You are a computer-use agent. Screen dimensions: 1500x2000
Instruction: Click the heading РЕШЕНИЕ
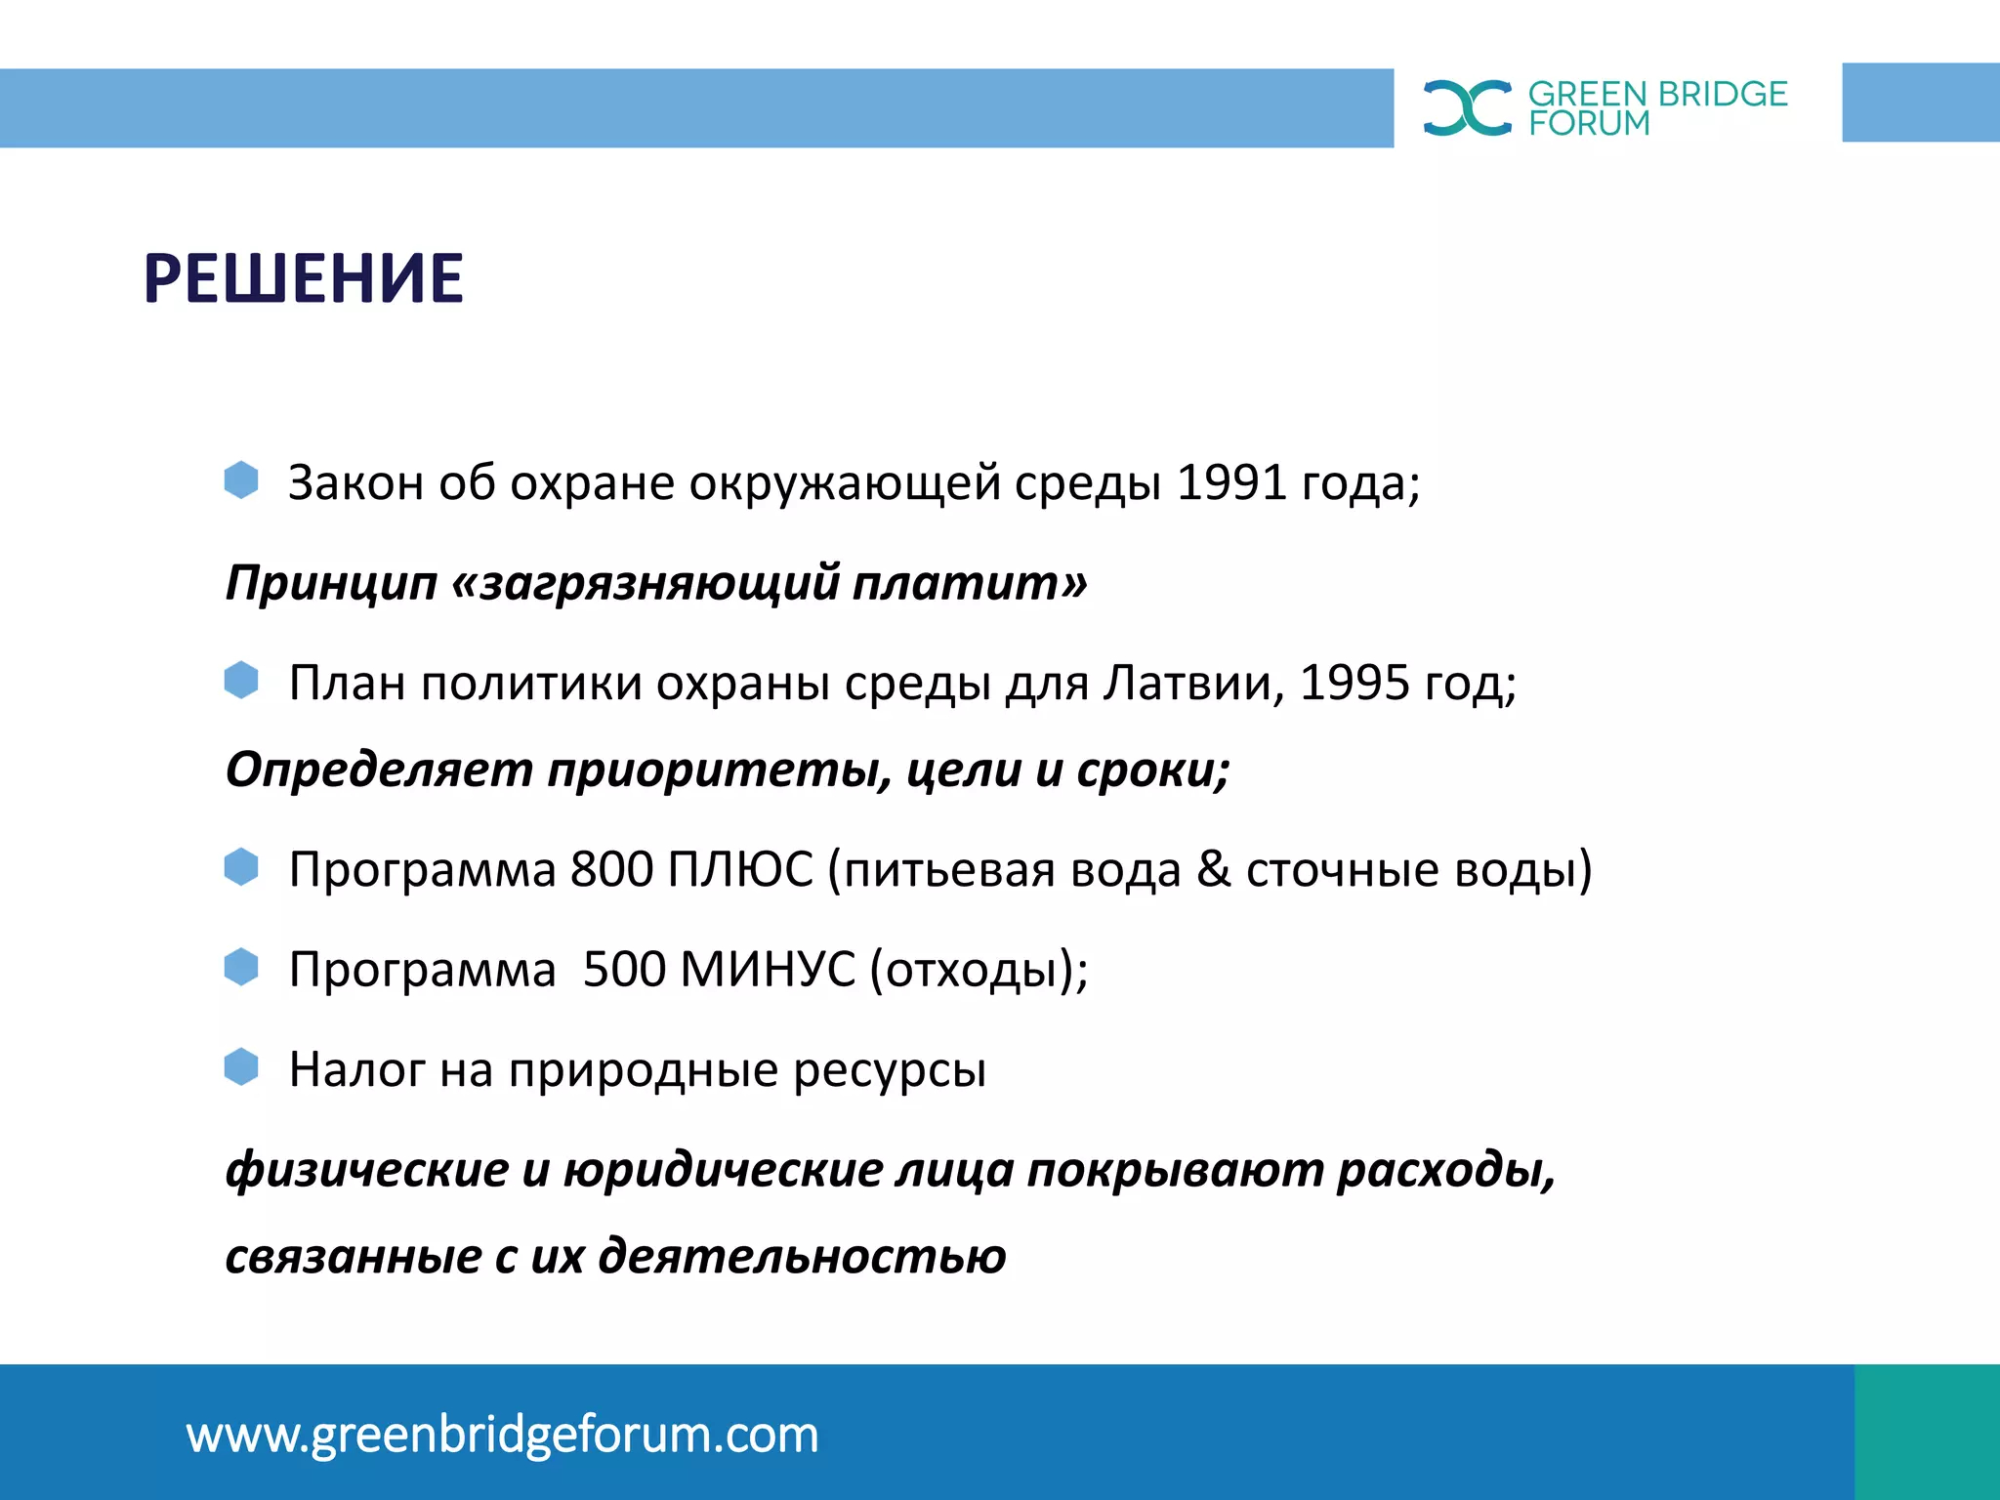click(303, 279)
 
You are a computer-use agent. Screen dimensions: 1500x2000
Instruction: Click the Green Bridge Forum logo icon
click(1467, 107)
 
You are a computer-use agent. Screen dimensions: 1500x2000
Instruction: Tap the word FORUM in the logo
click(1589, 124)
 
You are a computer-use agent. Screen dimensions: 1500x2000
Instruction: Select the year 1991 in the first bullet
click(1231, 482)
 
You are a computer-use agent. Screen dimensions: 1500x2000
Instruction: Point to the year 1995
click(1354, 683)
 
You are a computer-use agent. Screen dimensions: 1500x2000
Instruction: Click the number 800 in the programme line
click(611, 869)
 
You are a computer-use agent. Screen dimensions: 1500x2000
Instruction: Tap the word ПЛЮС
click(740, 869)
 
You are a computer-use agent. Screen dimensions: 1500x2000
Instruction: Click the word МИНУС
click(768, 970)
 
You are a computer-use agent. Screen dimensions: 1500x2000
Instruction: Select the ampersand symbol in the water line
click(1214, 869)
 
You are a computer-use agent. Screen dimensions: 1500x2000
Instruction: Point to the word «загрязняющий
click(646, 583)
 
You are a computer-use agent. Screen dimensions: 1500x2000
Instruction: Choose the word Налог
click(356, 1070)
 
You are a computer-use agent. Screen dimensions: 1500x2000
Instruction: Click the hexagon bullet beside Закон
click(241, 480)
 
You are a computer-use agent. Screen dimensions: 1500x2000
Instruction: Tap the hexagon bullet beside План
click(241, 680)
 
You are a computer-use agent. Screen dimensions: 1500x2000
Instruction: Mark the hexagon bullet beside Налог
click(241, 1067)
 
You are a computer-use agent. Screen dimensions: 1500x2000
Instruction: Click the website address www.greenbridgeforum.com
click(502, 1435)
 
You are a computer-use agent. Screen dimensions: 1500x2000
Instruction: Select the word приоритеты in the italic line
click(719, 771)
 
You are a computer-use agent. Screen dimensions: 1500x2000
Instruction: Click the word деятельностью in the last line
click(802, 1257)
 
